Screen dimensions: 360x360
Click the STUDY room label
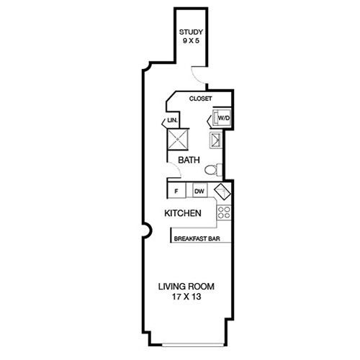pyautogui.click(x=191, y=32)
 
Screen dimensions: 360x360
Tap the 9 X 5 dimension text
pyautogui.click(x=191, y=40)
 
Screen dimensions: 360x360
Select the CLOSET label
pyautogui.click(x=200, y=99)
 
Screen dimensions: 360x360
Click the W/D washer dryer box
pyautogui.click(x=222, y=117)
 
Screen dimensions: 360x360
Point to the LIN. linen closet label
pyautogui.click(x=172, y=120)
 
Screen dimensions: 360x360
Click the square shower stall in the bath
pyautogui.click(x=178, y=140)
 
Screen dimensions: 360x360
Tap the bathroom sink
pyautogui.click(x=215, y=140)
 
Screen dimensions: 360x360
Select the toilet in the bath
pyautogui.click(x=214, y=170)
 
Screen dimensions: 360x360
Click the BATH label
pyautogui.click(x=189, y=160)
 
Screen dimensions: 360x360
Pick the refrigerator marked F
pyautogui.click(x=176, y=190)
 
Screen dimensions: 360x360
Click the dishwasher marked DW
pyautogui.click(x=199, y=190)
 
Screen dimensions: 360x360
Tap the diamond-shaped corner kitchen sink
pyautogui.click(x=222, y=192)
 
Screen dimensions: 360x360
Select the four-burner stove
pyautogui.click(x=224, y=212)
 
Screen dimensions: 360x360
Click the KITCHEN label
pyautogui.click(x=183, y=213)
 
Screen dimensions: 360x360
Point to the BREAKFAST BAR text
pyautogui.click(x=197, y=238)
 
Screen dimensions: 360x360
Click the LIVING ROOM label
pyautogui.click(x=186, y=287)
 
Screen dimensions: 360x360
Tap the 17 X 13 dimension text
pyautogui.click(x=186, y=297)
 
